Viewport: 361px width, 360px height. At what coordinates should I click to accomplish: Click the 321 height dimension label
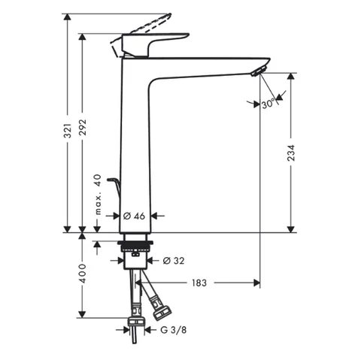[68, 131]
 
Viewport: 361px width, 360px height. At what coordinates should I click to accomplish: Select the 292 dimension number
[83, 127]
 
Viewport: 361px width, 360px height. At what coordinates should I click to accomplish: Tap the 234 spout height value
[291, 153]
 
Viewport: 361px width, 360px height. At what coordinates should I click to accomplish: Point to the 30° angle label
[268, 104]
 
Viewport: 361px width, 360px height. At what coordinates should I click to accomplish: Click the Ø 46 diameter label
[134, 216]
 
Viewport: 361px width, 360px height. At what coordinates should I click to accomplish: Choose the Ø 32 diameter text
[174, 261]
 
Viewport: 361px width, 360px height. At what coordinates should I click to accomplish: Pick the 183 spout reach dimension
[199, 283]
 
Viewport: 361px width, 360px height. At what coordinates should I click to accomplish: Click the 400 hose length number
[83, 274]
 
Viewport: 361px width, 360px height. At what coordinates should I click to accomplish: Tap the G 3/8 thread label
[174, 330]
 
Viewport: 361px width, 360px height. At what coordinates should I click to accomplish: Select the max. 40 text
[98, 195]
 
